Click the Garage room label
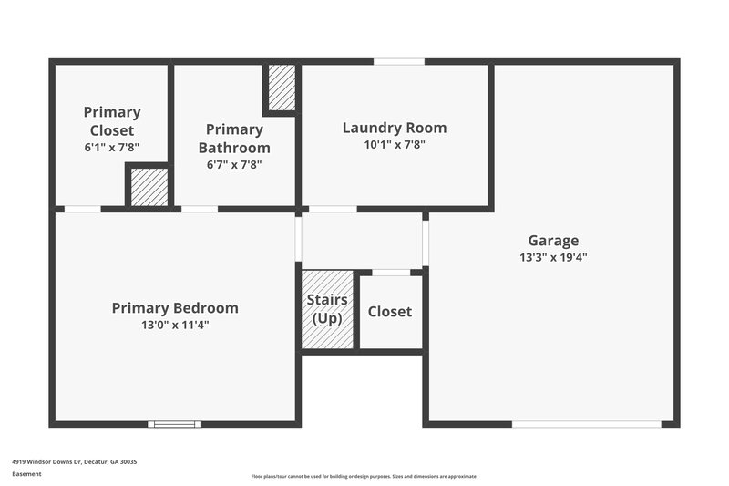553,241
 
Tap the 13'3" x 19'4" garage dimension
553,257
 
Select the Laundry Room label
395,128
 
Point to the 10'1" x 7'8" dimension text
395,144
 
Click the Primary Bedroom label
175,308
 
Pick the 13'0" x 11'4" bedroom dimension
175,325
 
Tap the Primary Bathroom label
234,139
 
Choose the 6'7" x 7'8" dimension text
234,165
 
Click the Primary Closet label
112,121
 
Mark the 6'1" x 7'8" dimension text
112,147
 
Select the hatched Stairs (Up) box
327,309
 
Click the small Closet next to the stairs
390,312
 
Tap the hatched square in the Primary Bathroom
282,87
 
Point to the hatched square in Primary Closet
149,187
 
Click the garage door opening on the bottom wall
586,424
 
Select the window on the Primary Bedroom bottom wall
175,424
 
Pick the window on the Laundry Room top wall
399,61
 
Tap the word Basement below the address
26,474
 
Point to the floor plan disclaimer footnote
364,476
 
